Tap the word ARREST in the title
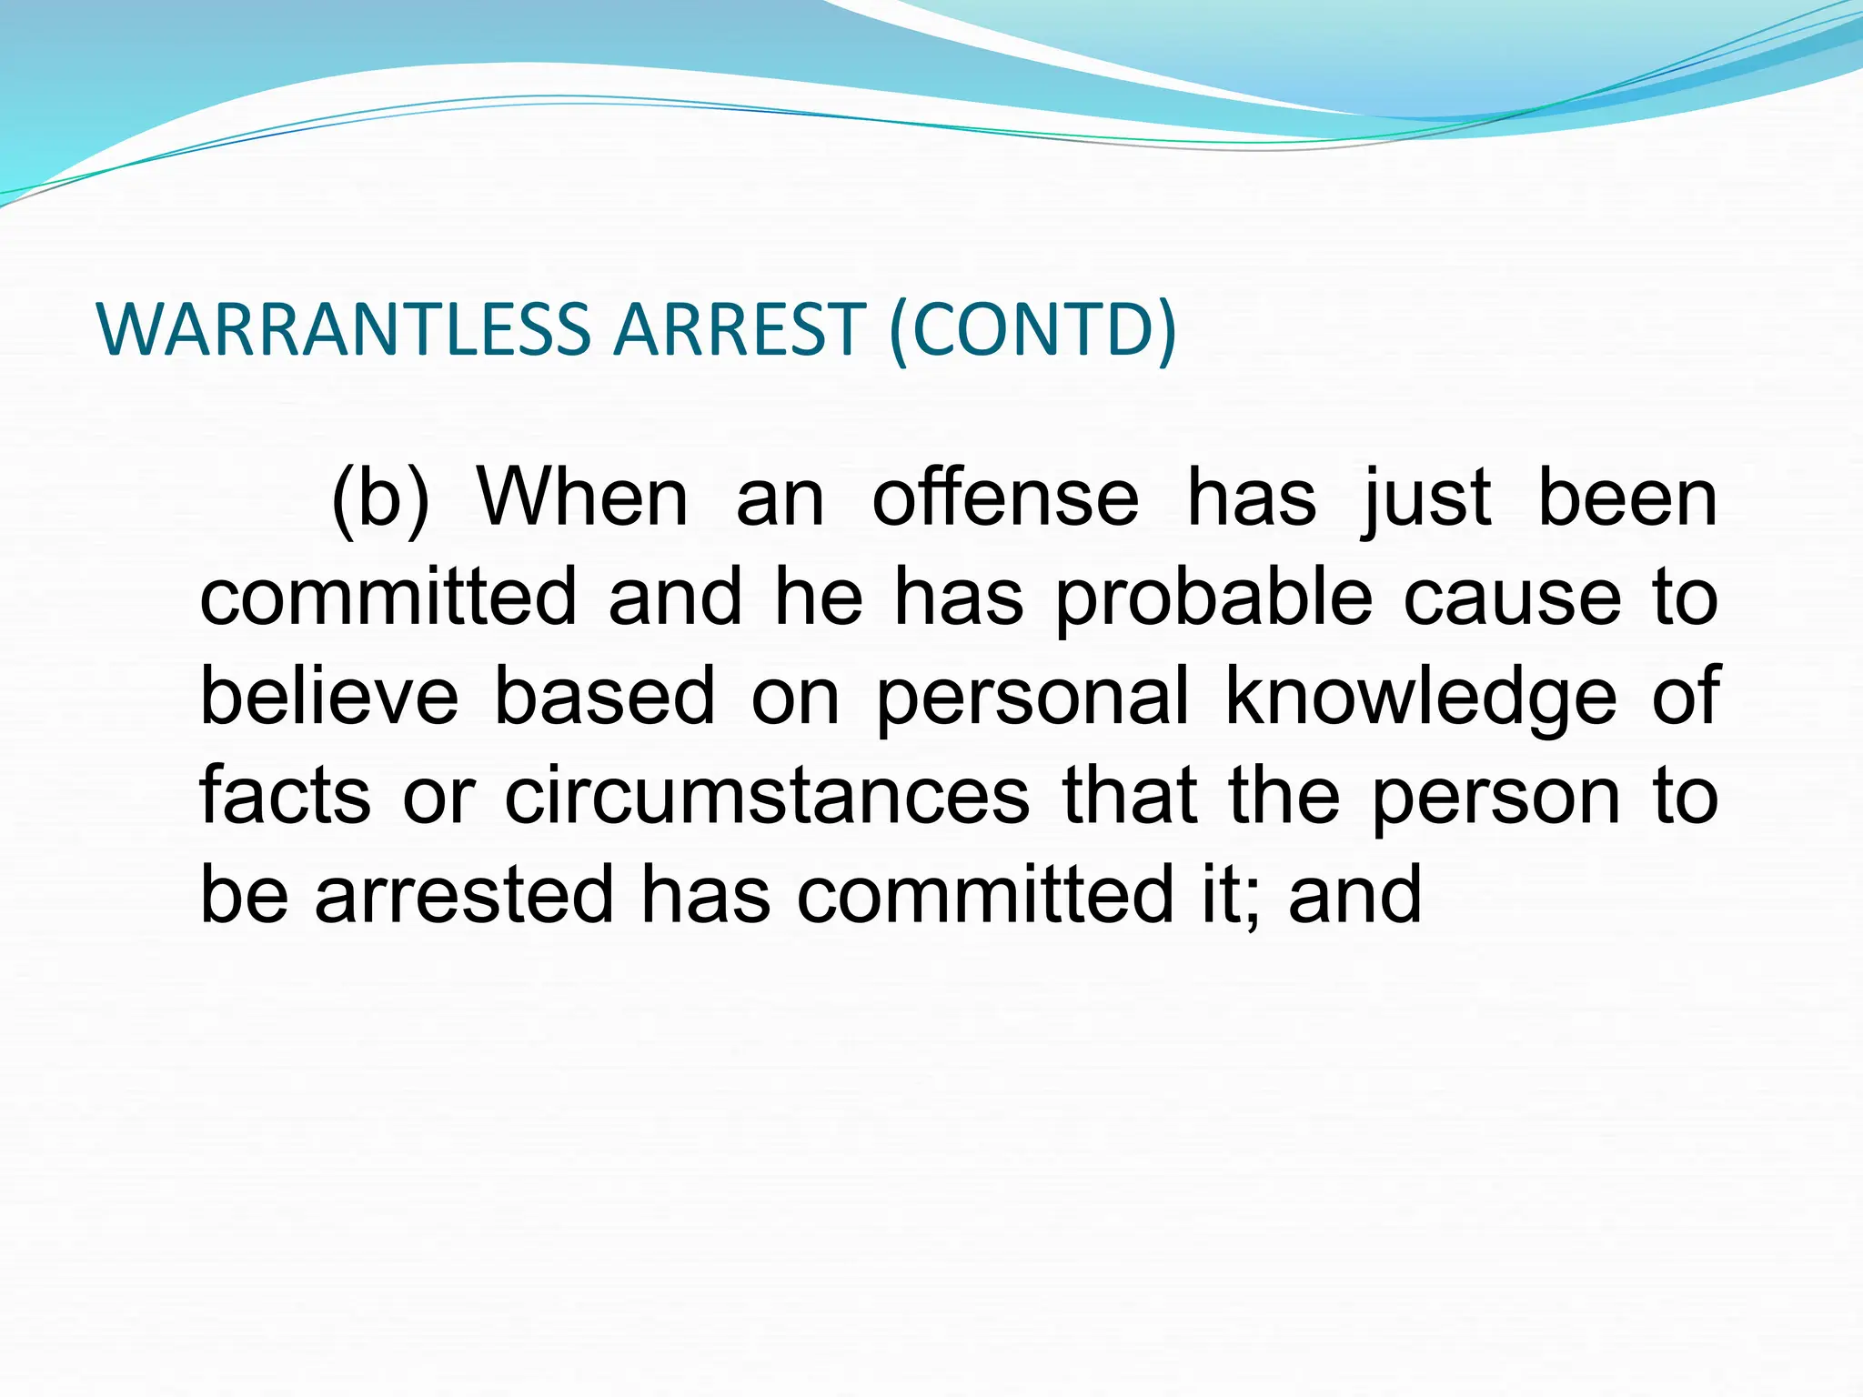pyautogui.click(x=739, y=328)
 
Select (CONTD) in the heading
pyautogui.click(x=1033, y=330)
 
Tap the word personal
pyautogui.click(x=1032, y=698)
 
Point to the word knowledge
pyautogui.click(x=1421, y=698)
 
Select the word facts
pyautogui.click(x=285, y=796)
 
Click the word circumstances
pyautogui.click(x=767, y=796)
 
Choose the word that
pyautogui.click(x=1129, y=796)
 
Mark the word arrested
pyautogui.click(x=464, y=894)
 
